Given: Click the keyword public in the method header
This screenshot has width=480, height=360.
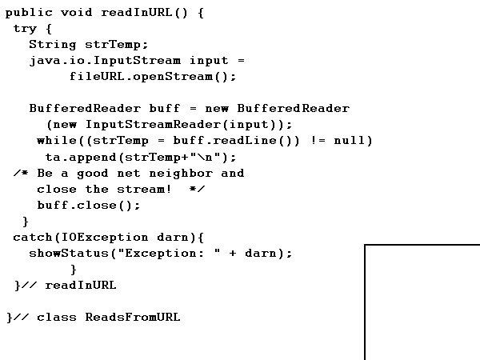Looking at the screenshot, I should [x=29, y=13].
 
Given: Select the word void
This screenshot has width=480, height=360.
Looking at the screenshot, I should [x=77, y=13].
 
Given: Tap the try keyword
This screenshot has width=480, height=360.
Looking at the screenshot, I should [x=25, y=29].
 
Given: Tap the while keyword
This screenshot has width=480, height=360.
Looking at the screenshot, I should [x=57, y=141].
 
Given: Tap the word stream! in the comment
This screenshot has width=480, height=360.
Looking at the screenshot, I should [x=145, y=189].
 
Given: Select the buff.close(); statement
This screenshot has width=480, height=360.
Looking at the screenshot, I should [x=77, y=205].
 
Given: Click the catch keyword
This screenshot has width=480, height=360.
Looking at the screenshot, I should [x=33, y=237].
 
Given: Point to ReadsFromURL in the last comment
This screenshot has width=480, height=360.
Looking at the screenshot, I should [x=133, y=317].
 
